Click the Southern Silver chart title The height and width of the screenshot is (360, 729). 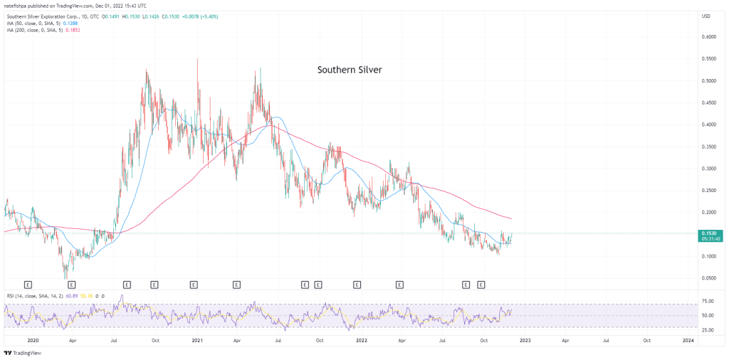click(350, 70)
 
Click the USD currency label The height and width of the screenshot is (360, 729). click(706, 16)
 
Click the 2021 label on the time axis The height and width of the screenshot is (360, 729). click(198, 340)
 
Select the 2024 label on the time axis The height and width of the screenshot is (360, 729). click(688, 340)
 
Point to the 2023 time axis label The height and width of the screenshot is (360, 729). click(525, 340)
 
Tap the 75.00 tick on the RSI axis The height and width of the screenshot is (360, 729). click(708, 304)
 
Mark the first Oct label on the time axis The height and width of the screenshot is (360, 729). click(156, 340)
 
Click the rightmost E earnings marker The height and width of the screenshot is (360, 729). click(481, 285)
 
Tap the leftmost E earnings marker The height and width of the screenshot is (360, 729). click(28, 285)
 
